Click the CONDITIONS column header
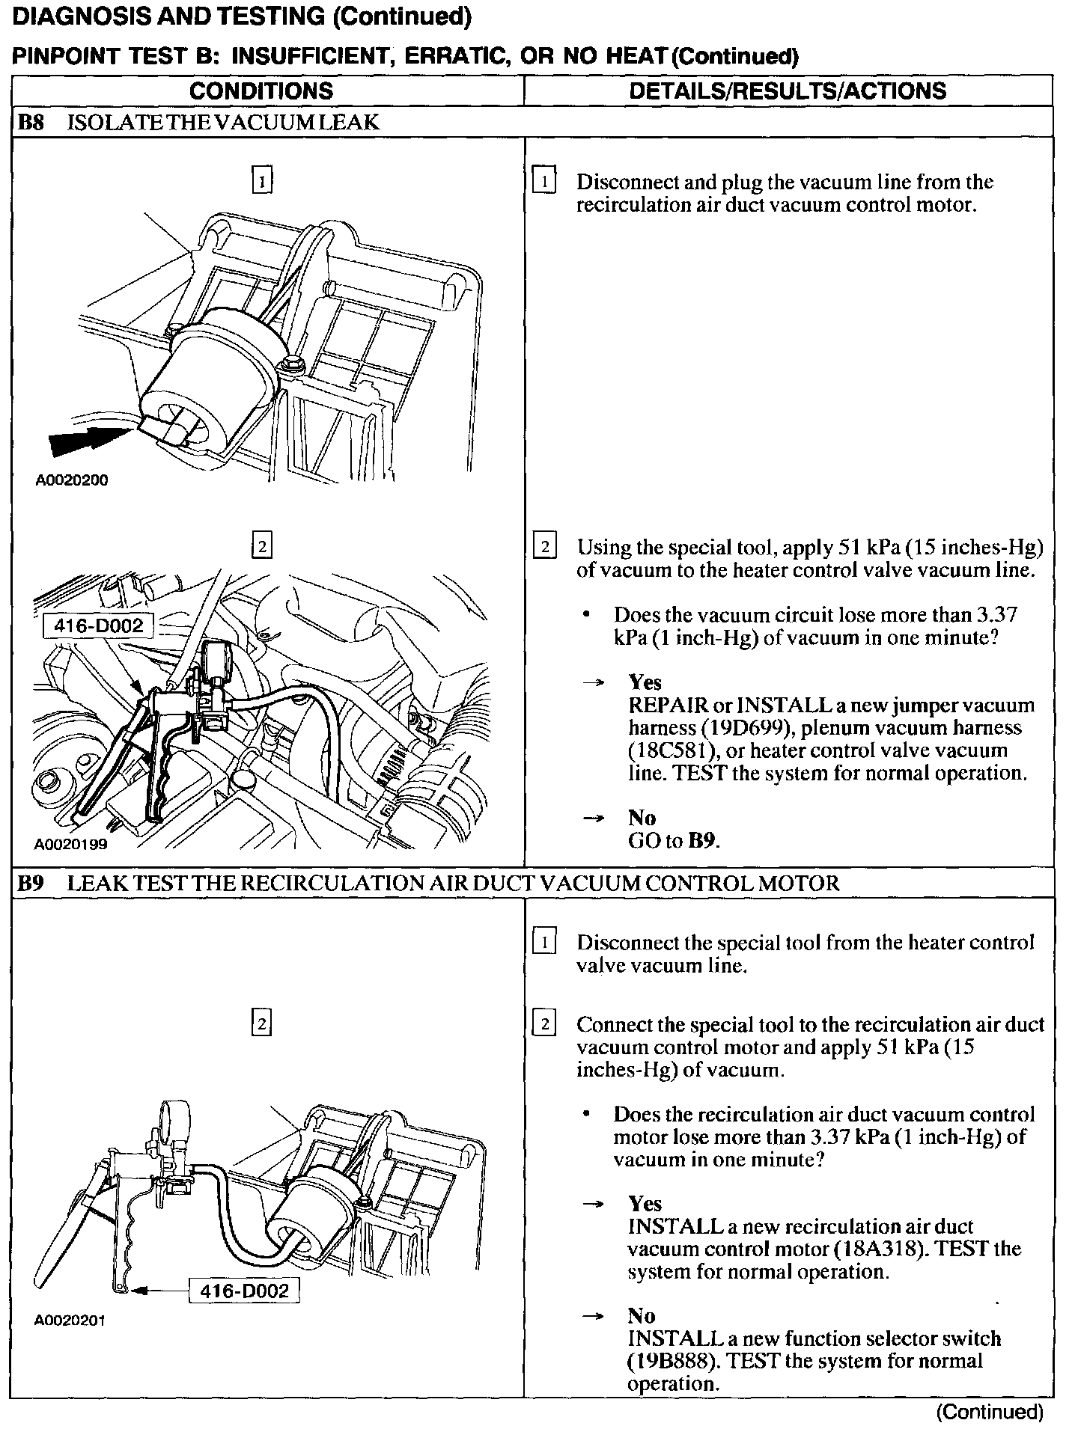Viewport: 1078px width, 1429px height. click(x=261, y=91)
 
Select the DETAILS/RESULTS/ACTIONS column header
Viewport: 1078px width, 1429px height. click(x=788, y=91)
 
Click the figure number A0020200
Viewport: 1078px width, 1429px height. click(x=72, y=480)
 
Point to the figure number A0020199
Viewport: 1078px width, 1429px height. click(x=71, y=845)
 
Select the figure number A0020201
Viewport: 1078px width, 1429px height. click(x=70, y=1321)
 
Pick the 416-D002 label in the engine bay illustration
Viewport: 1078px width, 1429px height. click(x=99, y=625)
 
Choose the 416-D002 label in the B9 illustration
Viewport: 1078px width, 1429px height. click(x=245, y=1291)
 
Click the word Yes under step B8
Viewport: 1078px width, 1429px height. click(x=645, y=682)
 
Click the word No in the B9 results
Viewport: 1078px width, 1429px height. click(x=642, y=1316)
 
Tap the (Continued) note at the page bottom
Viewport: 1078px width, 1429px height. click(x=990, y=1411)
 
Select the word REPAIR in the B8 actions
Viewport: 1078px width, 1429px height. click(x=668, y=706)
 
